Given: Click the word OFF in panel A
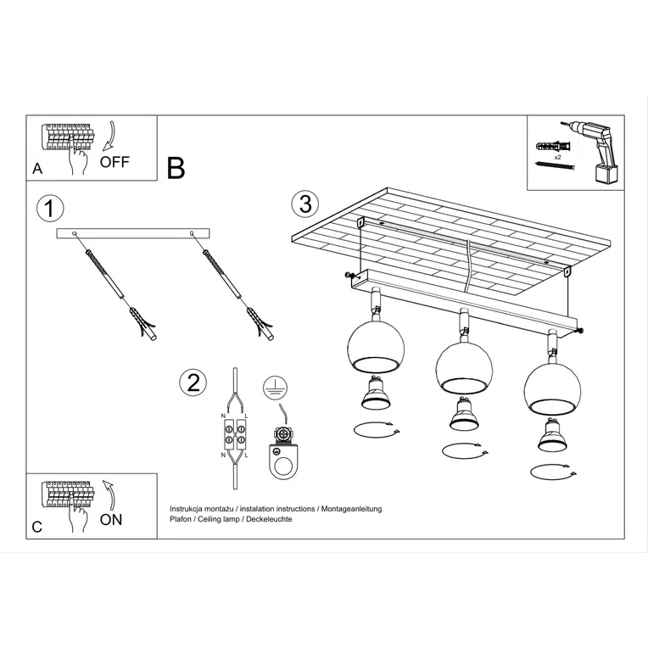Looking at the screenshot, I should pos(115,162).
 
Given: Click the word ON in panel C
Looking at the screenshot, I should pos(111,519).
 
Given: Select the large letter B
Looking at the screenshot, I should pos(176,167).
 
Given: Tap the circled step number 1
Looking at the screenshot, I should pos(51,208).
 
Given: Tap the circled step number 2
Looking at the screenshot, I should pos(193,383).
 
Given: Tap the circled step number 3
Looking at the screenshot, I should pos(304,204).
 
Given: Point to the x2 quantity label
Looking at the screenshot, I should pos(557,158).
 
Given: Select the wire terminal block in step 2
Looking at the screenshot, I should pos(233,437).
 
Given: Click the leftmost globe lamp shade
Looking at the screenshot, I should pos(376,345).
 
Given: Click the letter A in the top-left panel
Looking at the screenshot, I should pos(37,168).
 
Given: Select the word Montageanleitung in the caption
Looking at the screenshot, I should pos(350,508).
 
